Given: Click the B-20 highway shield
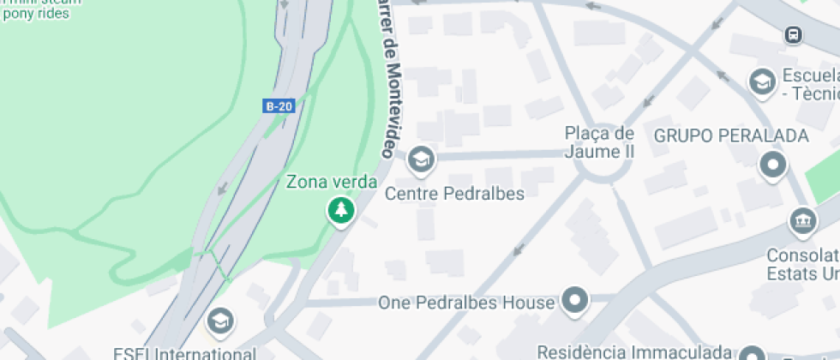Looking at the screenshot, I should [x=279, y=106].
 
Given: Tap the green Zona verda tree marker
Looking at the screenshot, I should [x=341, y=209].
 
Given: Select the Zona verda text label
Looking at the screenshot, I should [x=331, y=182].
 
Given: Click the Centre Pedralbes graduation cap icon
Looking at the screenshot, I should [x=420, y=159].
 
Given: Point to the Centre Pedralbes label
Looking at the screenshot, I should [x=454, y=193].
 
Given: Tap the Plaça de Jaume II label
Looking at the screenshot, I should [x=599, y=143].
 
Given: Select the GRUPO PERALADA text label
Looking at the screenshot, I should [x=731, y=135].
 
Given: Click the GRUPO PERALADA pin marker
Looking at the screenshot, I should [x=773, y=165].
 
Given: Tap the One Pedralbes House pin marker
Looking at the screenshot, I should [x=575, y=301].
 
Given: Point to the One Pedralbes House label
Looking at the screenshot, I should [x=467, y=303].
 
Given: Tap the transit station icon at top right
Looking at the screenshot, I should [x=793, y=35].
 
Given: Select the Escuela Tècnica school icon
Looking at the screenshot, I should [x=760, y=82].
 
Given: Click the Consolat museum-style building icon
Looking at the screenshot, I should [x=802, y=220].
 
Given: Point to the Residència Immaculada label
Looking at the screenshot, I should [x=634, y=351].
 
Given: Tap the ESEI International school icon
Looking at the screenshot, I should [x=221, y=321].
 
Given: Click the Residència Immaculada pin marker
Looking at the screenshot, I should [x=753, y=354].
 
